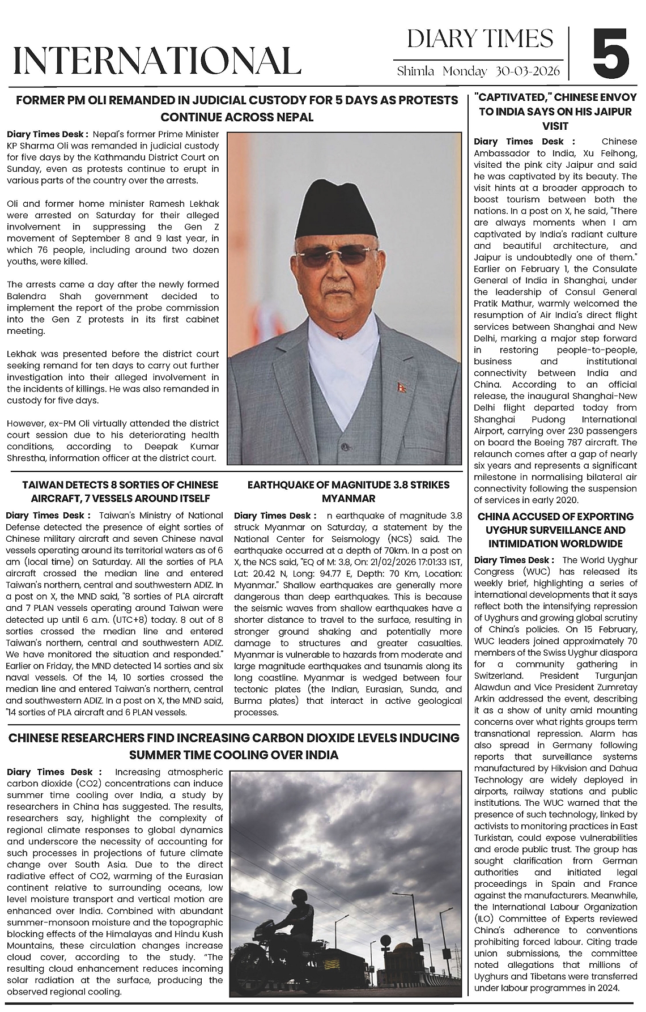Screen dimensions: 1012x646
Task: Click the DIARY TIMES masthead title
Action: click(x=480, y=39)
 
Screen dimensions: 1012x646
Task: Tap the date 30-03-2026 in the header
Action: click(x=528, y=71)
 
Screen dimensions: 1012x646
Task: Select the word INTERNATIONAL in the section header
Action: click(x=156, y=61)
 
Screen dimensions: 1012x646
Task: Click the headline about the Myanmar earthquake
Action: click(x=348, y=491)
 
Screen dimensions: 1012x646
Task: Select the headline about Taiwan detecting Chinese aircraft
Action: click(x=120, y=491)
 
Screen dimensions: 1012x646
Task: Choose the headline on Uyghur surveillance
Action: click(x=555, y=530)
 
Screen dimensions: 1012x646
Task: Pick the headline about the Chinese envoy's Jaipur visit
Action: click(x=555, y=111)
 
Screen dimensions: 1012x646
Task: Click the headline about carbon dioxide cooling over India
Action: click(x=233, y=746)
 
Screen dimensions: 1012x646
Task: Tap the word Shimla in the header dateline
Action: click(x=415, y=71)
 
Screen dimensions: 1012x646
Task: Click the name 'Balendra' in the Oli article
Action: click(x=27, y=296)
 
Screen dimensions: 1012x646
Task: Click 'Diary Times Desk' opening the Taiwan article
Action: click(x=48, y=516)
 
